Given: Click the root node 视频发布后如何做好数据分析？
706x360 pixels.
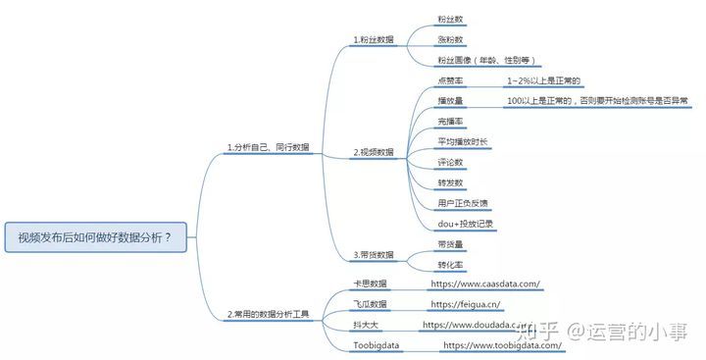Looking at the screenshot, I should [x=94, y=236].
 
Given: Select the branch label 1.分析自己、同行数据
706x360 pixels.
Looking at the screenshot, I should [x=268, y=147].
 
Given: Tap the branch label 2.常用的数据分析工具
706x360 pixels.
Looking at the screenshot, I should [x=268, y=315].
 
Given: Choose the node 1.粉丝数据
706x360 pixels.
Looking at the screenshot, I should [x=374, y=39].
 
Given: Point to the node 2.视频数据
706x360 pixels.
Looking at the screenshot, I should [x=374, y=152].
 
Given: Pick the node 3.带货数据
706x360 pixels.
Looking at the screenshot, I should [x=374, y=255].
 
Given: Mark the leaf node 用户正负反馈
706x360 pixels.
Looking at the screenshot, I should [x=463, y=203].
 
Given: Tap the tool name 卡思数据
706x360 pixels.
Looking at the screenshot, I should [x=371, y=283].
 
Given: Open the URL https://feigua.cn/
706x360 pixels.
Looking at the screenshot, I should [x=466, y=304].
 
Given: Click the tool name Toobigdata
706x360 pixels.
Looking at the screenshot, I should [x=377, y=345].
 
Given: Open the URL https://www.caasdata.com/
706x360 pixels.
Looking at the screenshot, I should [x=485, y=283].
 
